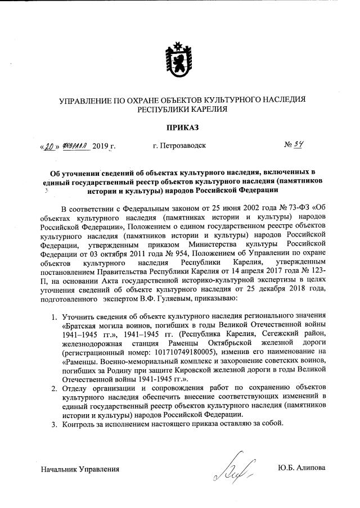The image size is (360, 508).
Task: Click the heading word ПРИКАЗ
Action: (179, 129)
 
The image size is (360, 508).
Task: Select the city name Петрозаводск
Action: (179, 146)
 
